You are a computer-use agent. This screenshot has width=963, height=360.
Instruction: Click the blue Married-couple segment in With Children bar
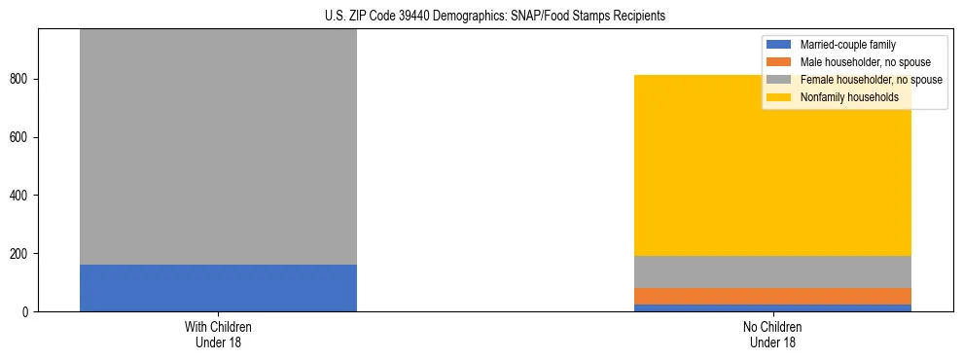(218, 288)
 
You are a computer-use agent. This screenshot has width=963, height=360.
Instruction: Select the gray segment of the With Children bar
(218, 146)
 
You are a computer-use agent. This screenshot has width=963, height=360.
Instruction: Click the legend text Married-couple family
(847, 45)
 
